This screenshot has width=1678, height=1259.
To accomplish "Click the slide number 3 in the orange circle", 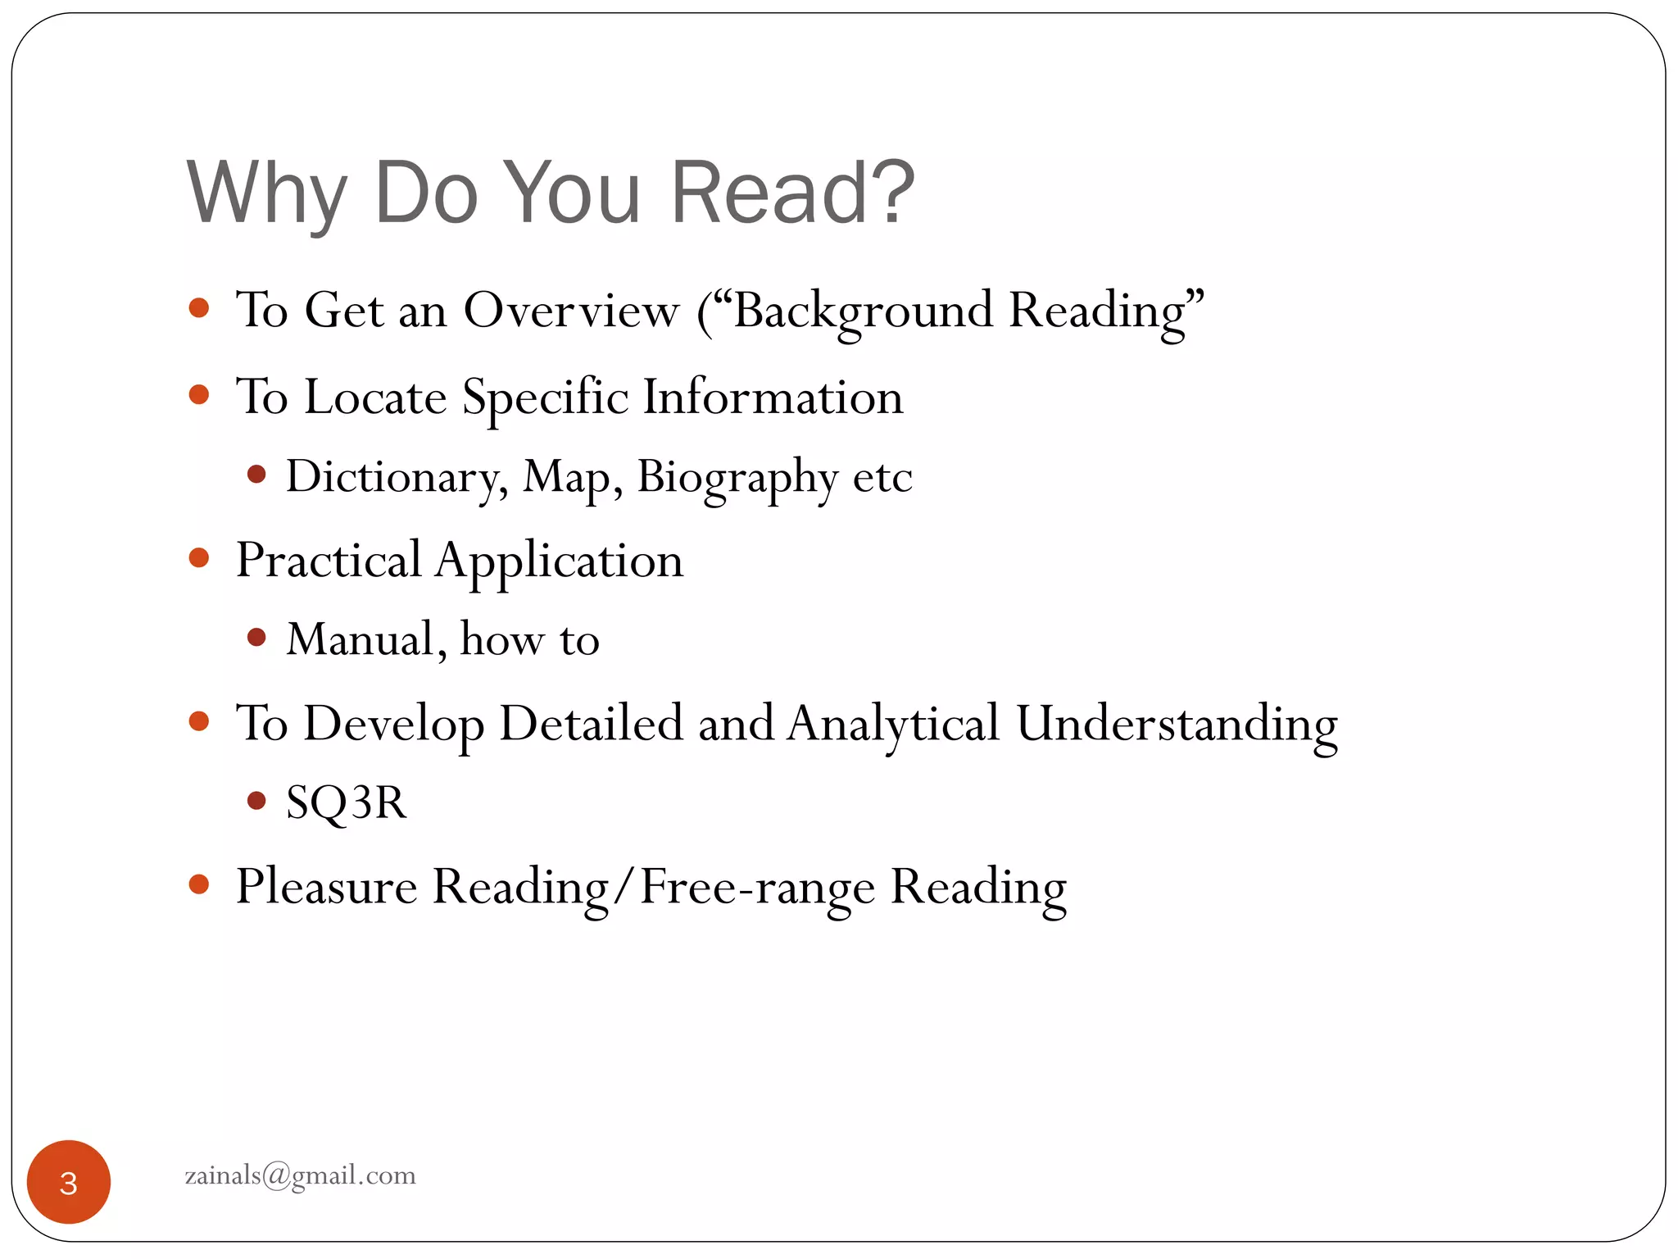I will point(69,1183).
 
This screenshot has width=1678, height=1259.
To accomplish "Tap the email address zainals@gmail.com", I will point(300,1175).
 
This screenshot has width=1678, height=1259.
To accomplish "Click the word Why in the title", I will point(267,194).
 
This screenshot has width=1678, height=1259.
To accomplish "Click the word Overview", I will point(571,311).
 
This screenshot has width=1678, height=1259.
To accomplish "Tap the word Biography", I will point(737,477).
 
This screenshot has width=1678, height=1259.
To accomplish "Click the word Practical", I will point(329,561).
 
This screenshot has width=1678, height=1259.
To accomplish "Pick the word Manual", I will point(366,639).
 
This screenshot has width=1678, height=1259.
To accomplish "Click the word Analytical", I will point(893,724).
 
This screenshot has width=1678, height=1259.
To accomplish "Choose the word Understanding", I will point(1177,724).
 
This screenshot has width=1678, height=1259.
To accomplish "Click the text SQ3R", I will point(346,802).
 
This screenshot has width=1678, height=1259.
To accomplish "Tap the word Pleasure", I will point(326,887).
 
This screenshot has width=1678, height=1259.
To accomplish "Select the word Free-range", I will point(757,887).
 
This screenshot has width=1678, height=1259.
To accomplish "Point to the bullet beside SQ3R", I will point(256,800).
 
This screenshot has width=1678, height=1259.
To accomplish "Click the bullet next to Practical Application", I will point(199,558).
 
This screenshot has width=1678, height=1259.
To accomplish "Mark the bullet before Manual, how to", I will point(256,637).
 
